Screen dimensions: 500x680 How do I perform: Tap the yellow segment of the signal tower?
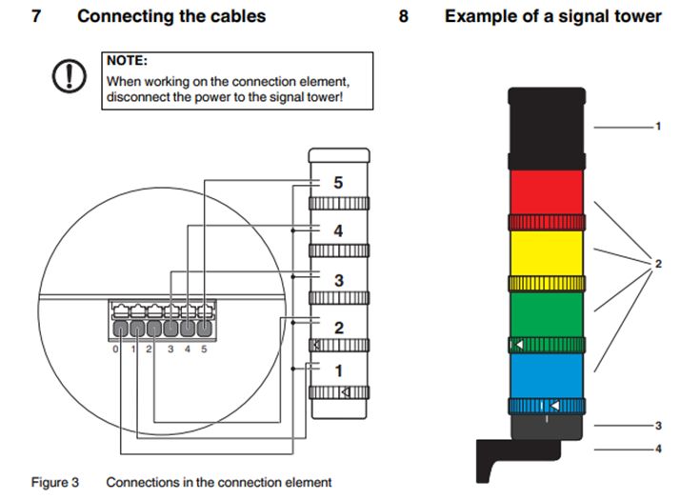[x=546, y=253]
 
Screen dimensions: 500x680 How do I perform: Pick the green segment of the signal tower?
[x=546, y=313]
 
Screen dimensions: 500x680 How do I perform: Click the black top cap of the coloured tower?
[x=546, y=128]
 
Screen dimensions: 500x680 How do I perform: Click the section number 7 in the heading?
[x=35, y=16]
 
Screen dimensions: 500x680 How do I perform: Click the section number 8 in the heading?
[x=403, y=16]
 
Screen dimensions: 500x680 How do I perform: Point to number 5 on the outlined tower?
[x=337, y=182]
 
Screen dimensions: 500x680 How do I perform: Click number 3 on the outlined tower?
[x=337, y=280]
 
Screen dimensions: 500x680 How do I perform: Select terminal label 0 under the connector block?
[x=115, y=350]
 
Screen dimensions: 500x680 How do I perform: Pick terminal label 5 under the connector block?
[x=204, y=350]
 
